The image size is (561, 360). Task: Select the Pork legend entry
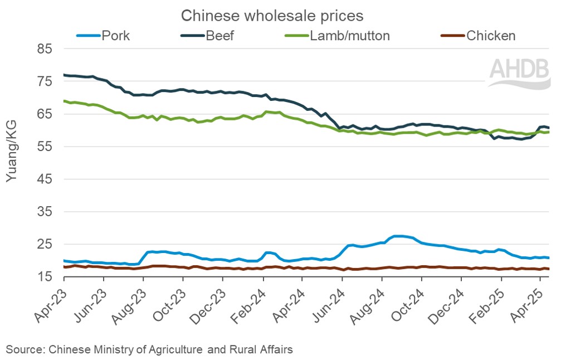[115, 36]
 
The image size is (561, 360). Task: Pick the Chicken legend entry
[491, 36]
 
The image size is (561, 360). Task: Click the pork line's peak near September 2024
[399, 236]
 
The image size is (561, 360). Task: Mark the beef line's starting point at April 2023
[64, 75]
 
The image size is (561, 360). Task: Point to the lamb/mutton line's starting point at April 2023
[64, 101]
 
